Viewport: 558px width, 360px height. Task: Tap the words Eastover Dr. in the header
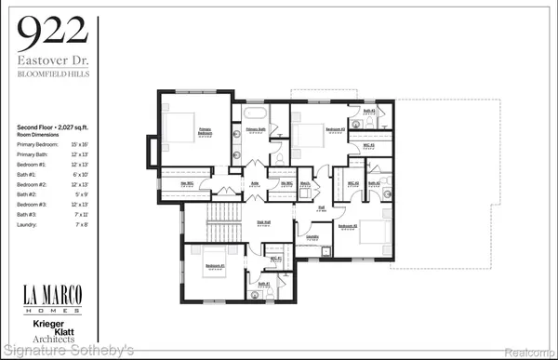pos(54,60)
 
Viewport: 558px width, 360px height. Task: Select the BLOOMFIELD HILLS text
pos(54,75)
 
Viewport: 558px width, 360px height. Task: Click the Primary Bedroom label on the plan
pos(205,132)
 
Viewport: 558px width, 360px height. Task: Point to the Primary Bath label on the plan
pos(256,129)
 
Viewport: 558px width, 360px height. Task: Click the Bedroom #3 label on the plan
pos(336,128)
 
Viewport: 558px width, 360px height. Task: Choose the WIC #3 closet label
pos(368,145)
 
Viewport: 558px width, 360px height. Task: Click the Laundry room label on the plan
pos(312,236)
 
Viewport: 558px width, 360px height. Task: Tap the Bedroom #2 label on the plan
pos(348,226)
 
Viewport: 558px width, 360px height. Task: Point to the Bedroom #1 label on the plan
pos(215,266)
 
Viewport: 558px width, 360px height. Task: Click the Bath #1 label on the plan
pos(262,284)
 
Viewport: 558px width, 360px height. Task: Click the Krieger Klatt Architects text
pos(53,331)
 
